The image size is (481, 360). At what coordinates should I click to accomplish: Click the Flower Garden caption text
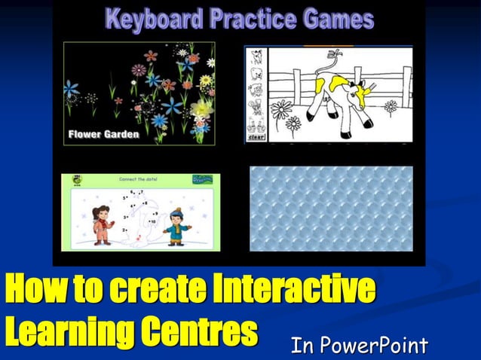pyautogui.click(x=103, y=135)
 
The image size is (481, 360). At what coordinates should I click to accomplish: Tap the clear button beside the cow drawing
pyautogui.click(x=256, y=137)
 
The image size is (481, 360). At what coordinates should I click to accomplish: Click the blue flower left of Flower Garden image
pyautogui.click(x=72, y=89)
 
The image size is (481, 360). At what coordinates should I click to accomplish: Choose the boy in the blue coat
pyautogui.click(x=176, y=225)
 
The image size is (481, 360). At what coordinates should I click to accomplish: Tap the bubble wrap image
pyautogui.click(x=331, y=209)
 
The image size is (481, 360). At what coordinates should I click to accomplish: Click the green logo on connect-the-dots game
pyautogui.click(x=202, y=179)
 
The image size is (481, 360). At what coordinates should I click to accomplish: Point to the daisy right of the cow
pyautogui.click(x=391, y=107)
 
